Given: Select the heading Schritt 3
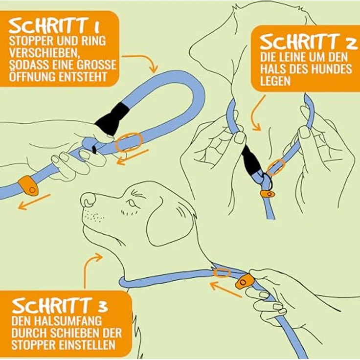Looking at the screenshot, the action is pyautogui.click(x=60, y=306).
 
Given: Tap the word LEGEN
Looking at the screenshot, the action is pyautogui.click(x=275, y=81).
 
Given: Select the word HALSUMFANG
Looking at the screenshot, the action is pyautogui.click(x=56, y=320).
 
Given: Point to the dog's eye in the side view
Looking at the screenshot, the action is pyautogui.click(x=131, y=202).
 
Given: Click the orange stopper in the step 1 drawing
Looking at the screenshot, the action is pyautogui.click(x=28, y=185).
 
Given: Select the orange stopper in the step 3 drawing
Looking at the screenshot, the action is pyautogui.click(x=245, y=281).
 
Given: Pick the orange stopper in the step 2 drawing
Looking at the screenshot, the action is pyautogui.click(x=268, y=194).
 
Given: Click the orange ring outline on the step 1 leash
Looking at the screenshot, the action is pyautogui.click(x=129, y=142).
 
